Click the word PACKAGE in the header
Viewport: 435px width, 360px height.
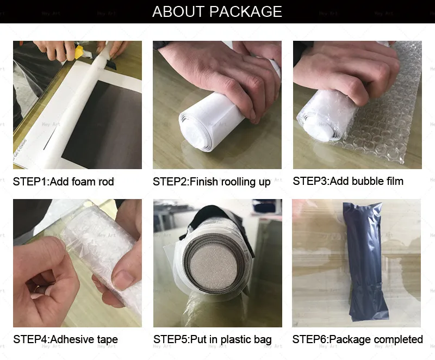coord(246,11)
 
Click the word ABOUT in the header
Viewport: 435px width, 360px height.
coord(178,11)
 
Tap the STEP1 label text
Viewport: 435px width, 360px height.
coord(30,182)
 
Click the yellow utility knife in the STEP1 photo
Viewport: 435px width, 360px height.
coord(79,52)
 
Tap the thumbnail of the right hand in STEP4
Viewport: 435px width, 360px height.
coord(123,280)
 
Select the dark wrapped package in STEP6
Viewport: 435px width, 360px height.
coord(365,260)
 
